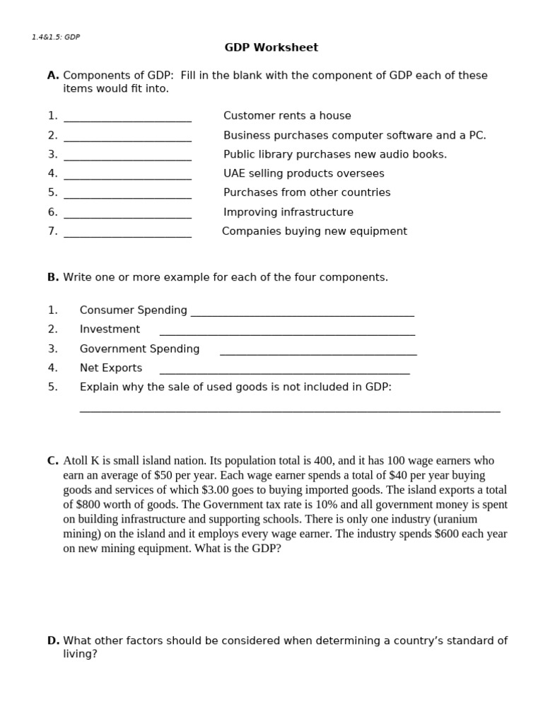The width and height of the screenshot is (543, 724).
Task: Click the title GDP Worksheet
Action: [x=271, y=47]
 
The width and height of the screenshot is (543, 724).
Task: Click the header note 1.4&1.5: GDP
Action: [x=56, y=37]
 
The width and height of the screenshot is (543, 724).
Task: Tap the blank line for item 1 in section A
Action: [x=127, y=119]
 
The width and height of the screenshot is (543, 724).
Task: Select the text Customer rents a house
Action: [x=287, y=115]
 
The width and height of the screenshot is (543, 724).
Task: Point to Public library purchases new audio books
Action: [x=335, y=154]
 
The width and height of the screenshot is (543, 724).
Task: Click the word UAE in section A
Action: [x=235, y=173]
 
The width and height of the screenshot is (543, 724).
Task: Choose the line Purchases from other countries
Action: [x=307, y=192]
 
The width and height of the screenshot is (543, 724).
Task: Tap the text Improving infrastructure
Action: [x=288, y=212]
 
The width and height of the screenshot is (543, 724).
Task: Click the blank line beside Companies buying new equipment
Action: [x=127, y=235]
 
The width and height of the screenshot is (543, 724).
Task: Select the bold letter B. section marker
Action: [x=53, y=277]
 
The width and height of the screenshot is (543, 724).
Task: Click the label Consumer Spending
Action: [x=133, y=310]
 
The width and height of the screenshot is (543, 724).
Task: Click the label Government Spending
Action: [x=139, y=349]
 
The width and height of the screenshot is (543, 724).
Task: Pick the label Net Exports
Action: [x=110, y=368]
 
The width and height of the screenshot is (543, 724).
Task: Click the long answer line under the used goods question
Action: [x=290, y=409]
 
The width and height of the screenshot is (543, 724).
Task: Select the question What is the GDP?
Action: [x=236, y=548]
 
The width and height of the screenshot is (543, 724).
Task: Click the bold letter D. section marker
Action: [x=53, y=641]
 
